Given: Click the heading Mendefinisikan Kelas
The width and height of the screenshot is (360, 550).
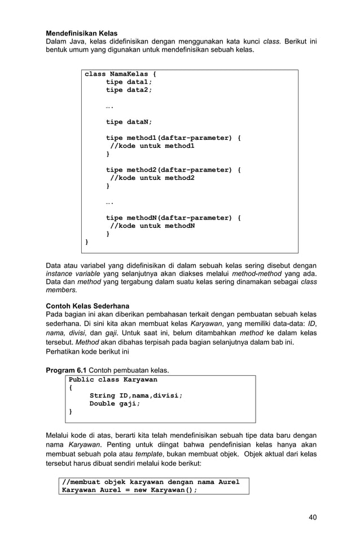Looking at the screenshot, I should point(81,34).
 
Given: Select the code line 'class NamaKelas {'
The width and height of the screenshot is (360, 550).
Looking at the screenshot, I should point(120,74).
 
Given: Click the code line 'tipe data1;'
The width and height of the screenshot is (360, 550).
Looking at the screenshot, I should point(129,82).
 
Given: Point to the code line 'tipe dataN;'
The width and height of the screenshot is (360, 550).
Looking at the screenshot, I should point(129,122).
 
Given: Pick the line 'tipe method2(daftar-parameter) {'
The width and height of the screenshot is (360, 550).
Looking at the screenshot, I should point(173,170).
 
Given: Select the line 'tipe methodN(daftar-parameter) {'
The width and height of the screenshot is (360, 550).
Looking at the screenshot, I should point(173,218).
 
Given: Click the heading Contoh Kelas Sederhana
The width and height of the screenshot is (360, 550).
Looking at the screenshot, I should point(87,306).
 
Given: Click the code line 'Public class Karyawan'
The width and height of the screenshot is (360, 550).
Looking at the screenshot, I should point(113,380).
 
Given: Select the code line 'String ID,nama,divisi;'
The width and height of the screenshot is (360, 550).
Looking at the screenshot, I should point(136,395).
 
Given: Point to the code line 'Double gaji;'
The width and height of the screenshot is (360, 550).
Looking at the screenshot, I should point(115,403).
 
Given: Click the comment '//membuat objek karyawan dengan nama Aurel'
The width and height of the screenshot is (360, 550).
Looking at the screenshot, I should point(151,482).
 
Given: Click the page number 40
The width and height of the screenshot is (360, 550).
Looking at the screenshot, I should point(312,517).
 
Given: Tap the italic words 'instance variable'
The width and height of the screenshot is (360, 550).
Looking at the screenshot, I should point(72,274).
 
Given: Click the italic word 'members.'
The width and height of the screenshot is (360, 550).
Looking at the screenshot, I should point(62,289).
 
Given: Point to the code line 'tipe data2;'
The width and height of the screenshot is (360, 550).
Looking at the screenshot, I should point(129,90).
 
